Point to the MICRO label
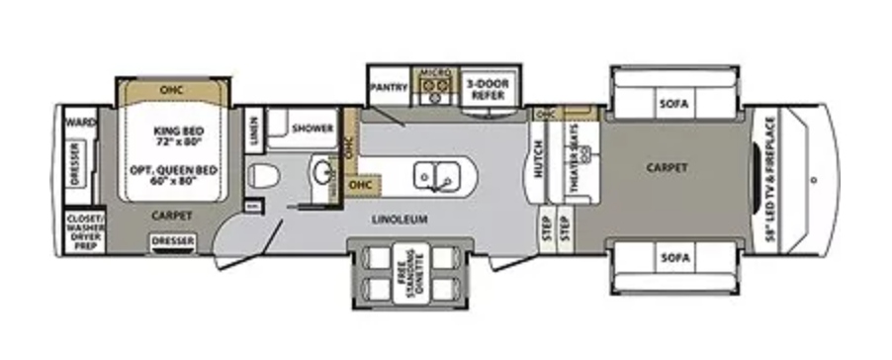coord(435,74)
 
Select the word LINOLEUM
coord(400,220)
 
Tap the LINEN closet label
coord(253,131)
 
